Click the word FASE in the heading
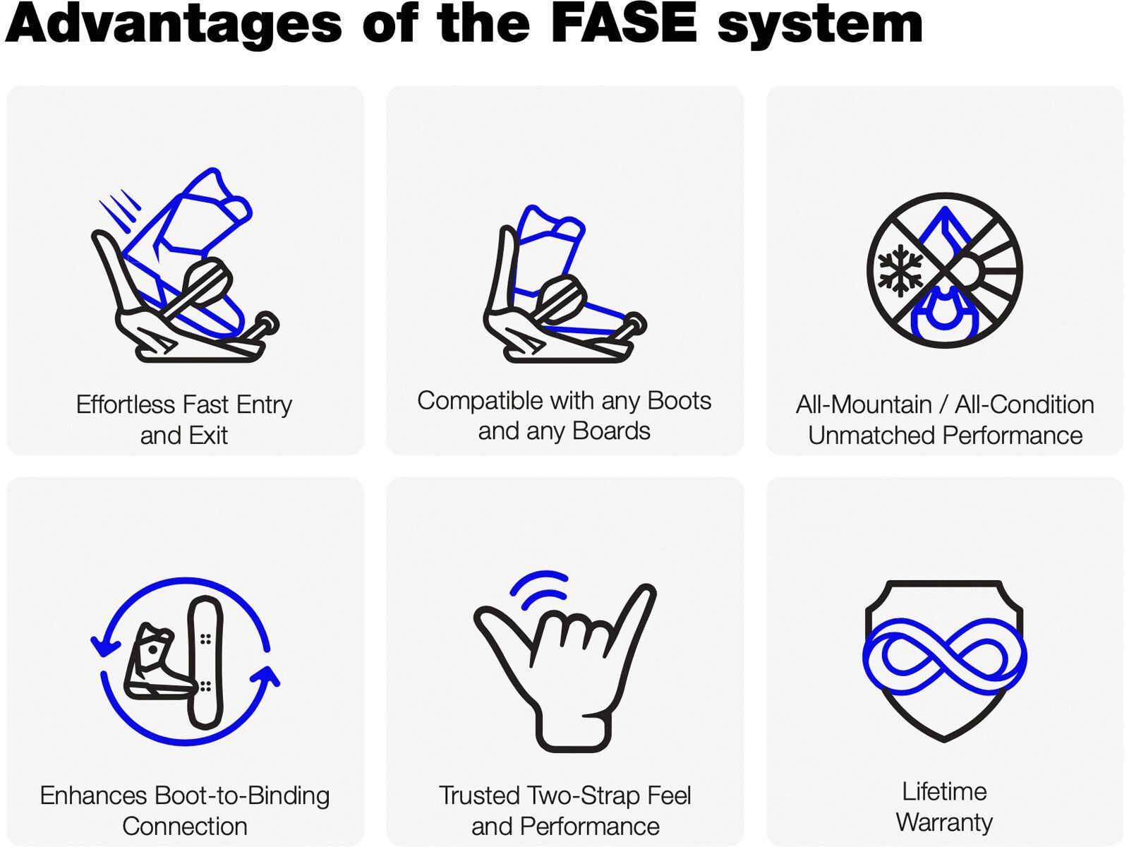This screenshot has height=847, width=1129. [624, 24]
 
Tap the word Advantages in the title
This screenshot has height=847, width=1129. [173, 24]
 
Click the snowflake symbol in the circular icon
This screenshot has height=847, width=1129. [900, 270]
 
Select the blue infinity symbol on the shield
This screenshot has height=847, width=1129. [944, 656]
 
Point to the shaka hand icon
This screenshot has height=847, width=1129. [564, 671]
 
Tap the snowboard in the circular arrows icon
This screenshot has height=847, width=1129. [205, 662]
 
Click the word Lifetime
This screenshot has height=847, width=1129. [944, 791]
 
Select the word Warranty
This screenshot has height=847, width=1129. [944, 822]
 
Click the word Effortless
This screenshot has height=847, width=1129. [125, 404]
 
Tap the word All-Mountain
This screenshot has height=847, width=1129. [864, 404]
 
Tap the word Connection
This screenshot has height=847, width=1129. [185, 827]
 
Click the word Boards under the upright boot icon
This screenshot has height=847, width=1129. [612, 431]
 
